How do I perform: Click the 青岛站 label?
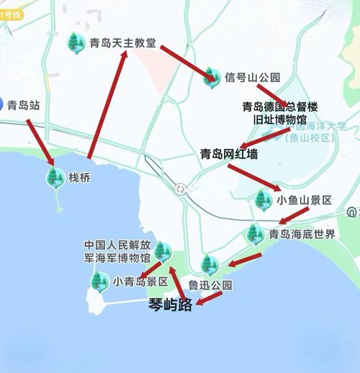(24, 105)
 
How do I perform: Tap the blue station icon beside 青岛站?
(1, 105)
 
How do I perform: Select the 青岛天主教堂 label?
(122, 42)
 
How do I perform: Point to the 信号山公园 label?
(252, 77)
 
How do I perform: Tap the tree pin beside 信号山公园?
(211, 76)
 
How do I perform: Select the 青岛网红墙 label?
(228, 153)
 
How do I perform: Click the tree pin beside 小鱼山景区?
(264, 199)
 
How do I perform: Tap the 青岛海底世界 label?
(302, 234)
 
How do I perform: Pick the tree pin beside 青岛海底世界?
(254, 233)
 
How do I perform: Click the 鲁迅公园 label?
(210, 285)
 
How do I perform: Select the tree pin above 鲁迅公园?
(209, 264)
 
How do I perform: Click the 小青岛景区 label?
(140, 282)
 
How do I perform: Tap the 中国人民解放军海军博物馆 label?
(117, 250)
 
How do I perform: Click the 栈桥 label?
(79, 176)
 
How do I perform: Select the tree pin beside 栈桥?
(54, 176)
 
